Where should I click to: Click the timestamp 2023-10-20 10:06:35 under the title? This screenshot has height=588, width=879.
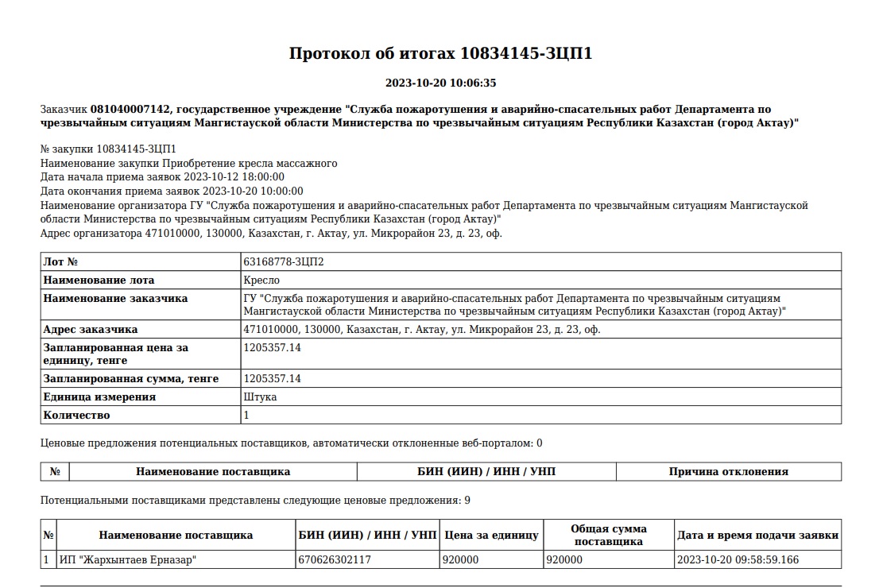click(x=440, y=83)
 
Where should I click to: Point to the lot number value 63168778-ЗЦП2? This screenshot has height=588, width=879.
click(x=284, y=261)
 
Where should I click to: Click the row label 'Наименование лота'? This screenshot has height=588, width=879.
click(x=99, y=280)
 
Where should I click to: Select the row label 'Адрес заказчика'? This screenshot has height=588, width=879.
click(x=91, y=329)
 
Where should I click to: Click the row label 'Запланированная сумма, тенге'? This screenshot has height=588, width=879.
click(x=131, y=378)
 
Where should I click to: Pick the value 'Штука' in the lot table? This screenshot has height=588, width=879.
click(x=260, y=397)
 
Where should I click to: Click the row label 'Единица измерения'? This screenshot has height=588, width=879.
click(x=99, y=397)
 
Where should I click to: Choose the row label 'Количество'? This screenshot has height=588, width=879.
click(x=76, y=415)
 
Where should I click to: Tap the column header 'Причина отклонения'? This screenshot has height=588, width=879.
click(x=728, y=471)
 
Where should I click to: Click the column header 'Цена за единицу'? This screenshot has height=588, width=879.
click(x=491, y=535)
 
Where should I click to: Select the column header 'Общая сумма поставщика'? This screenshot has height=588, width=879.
click(x=608, y=535)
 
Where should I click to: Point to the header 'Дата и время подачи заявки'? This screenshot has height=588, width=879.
click(x=757, y=535)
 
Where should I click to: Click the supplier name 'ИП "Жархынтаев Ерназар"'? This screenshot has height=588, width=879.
click(x=128, y=559)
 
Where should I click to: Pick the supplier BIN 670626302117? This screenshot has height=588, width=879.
click(x=334, y=559)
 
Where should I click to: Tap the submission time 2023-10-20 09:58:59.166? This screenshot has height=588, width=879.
click(x=738, y=559)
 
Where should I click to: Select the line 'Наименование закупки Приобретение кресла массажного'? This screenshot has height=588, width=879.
click(x=188, y=163)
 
